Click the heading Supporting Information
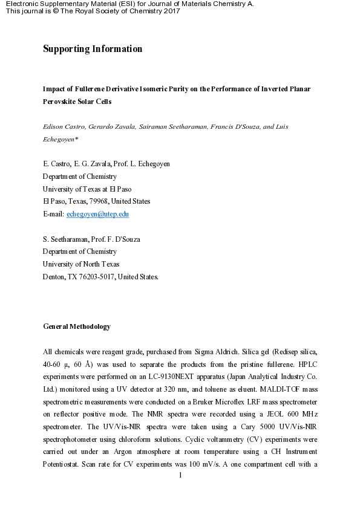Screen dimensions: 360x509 click(93, 49)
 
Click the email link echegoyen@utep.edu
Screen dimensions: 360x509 click(97, 213)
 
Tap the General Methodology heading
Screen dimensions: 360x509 click(77, 326)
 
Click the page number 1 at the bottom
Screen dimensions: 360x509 click(181, 475)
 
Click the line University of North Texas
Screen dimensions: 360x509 click(81, 264)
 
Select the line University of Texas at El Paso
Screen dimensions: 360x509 click(87, 189)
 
